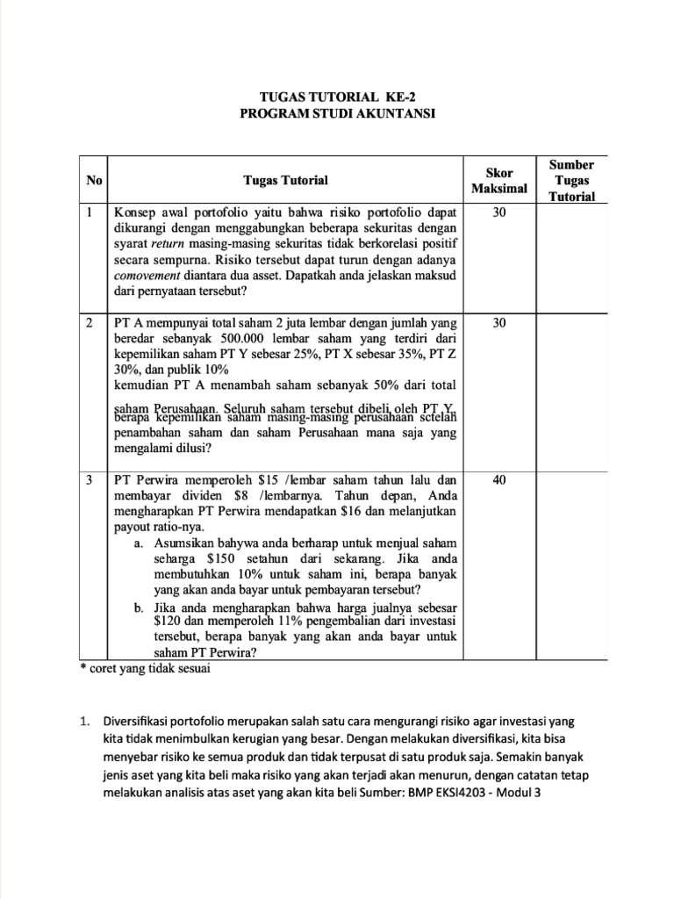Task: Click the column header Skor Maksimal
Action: [x=498, y=180]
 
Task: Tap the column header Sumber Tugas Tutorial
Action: [x=571, y=180]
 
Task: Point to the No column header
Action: [x=94, y=180]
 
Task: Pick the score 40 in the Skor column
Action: [x=498, y=481]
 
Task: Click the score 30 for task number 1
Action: [x=498, y=212]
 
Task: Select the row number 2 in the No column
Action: [x=90, y=323]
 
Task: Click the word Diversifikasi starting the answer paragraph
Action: [x=137, y=721]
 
